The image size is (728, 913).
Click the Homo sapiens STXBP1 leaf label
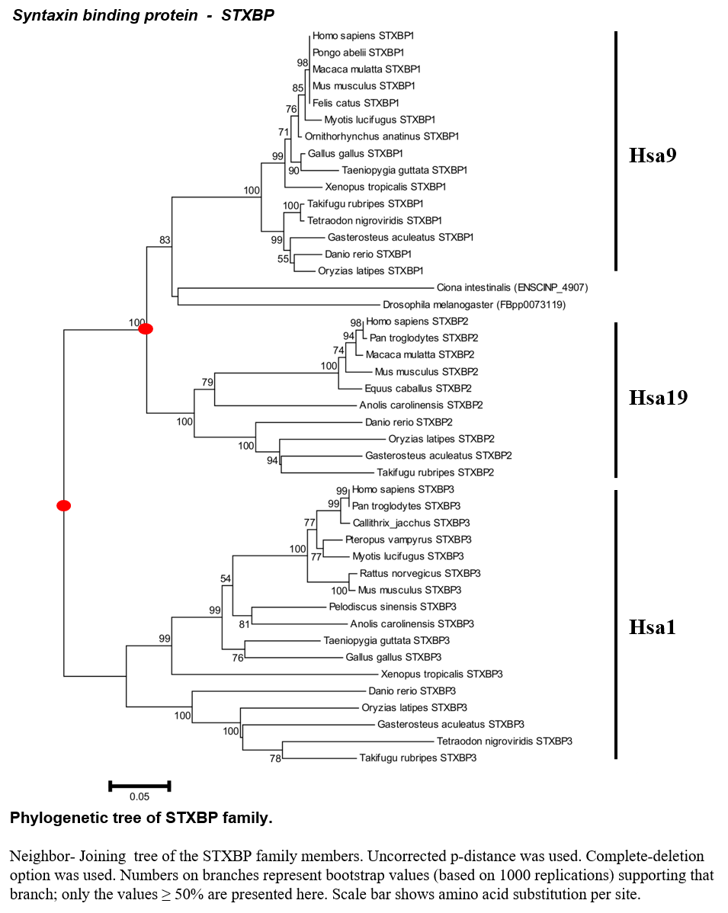click(363, 36)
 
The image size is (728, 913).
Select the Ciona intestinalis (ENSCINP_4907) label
click(512, 287)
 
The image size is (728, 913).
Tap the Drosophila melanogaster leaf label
click(474, 305)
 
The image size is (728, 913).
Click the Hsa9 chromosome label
click(653, 155)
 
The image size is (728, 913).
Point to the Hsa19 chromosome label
click(658, 398)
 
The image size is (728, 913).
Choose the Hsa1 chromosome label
click(653, 627)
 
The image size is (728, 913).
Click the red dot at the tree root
click(63, 505)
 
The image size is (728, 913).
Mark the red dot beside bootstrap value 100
click(146, 329)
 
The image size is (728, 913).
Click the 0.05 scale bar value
click(140, 796)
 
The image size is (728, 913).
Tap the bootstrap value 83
click(165, 240)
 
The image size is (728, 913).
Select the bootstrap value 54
click(226, 578)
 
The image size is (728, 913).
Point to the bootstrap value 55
click(283, 259)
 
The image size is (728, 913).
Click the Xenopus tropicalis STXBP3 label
click(441, 674)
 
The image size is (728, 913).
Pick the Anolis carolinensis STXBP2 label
click(421, 405)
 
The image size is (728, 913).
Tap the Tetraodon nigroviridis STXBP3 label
click(505, 742)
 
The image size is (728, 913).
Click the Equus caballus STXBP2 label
click(419, 389)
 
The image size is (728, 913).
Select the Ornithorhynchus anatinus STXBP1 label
click(381, 136)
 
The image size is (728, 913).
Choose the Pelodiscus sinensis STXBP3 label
click(393, 607)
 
